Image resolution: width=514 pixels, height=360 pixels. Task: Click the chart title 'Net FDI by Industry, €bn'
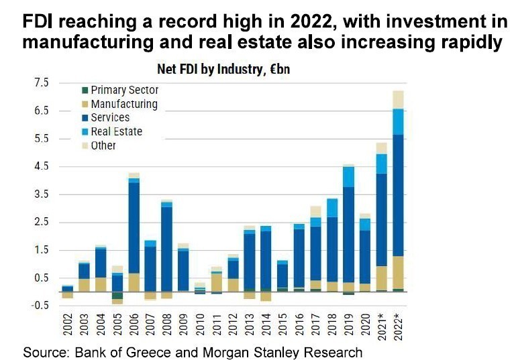point(223,69)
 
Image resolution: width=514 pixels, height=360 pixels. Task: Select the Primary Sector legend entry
point(124,90)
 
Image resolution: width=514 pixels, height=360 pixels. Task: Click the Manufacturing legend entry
point(123,104)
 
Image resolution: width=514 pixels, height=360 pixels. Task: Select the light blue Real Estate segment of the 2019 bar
point(348,176)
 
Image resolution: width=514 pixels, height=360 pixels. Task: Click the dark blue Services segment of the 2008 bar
point(166,248)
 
